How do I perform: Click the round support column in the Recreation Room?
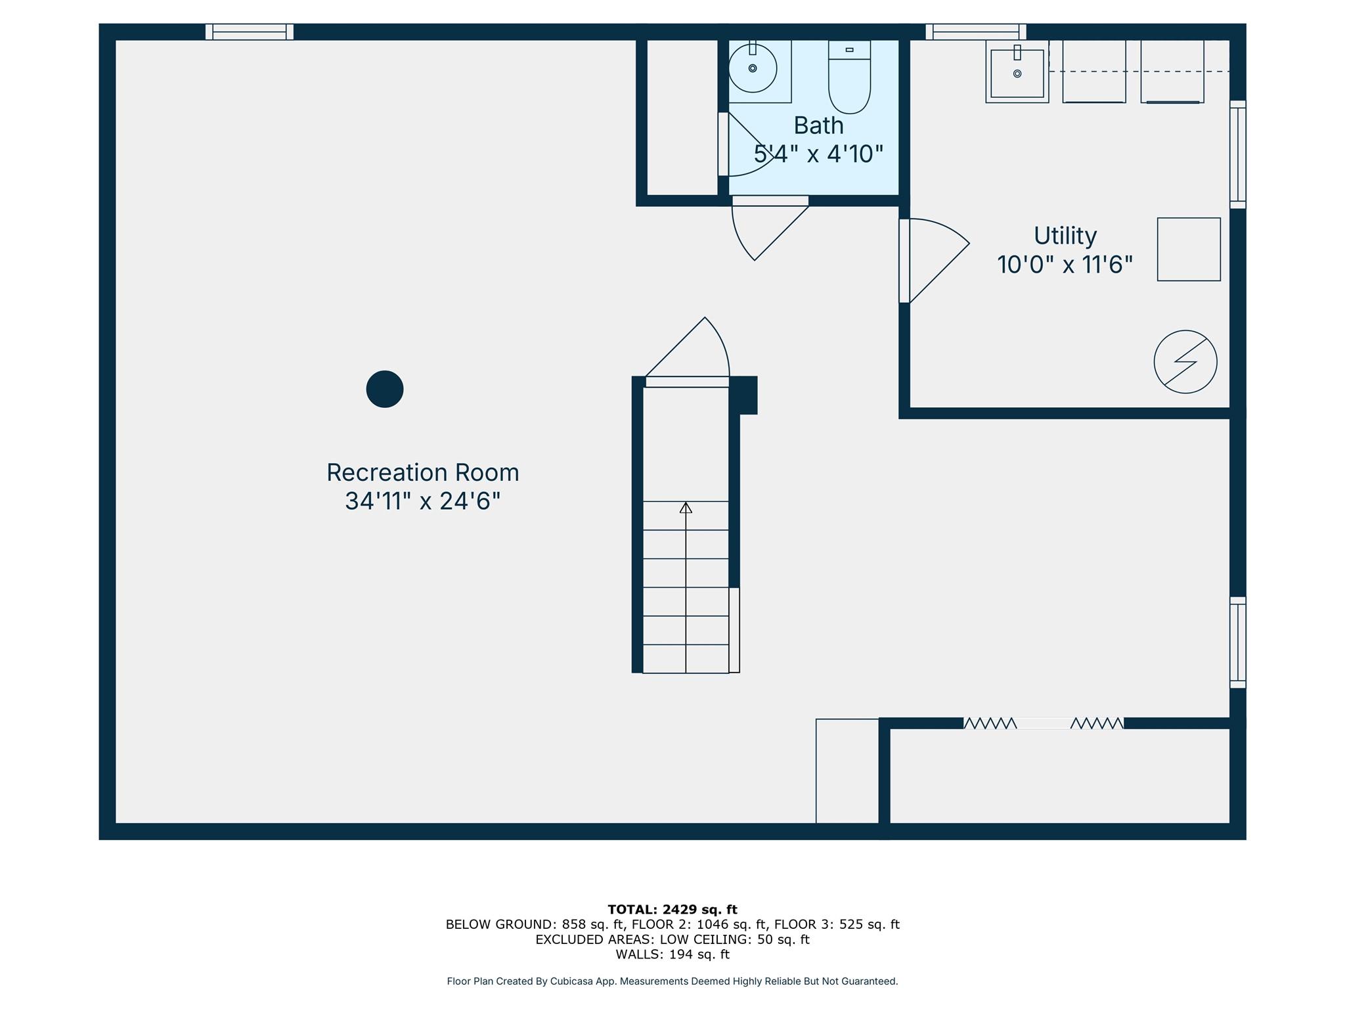click(x=385, y=389)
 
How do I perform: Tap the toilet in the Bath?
click(x=849, y=76)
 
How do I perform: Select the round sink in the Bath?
click(x=753, y=68)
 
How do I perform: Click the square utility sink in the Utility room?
click(x=1017, y=72)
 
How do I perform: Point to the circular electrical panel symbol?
click(x=1185, y=362)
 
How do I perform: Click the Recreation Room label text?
click(x=423, y=472)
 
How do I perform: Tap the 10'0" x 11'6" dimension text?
click(x=1065, y=265)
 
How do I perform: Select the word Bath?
click(x=818, y=125)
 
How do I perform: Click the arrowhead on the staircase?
click(x=686, y=507)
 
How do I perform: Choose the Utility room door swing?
click(x=935, y=260)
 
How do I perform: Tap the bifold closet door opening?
click(x=1044, y=723)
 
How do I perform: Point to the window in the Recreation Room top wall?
click(x=250, y=32)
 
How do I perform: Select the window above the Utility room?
click(x=976, y=32)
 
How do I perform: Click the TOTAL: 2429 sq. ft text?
click(x=672, y=909)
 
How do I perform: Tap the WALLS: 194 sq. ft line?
click(x=672, y=954)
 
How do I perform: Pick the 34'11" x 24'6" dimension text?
click(x=423, y=501)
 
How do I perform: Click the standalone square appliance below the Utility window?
click(x=1189, y=250)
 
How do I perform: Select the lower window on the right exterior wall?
click(x=1238, y=642)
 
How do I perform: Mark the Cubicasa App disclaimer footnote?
click(x=672, y=981)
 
